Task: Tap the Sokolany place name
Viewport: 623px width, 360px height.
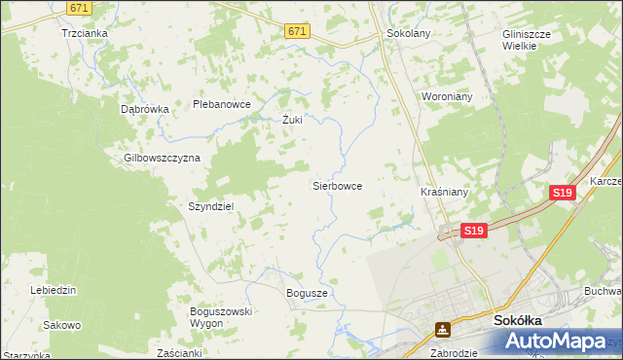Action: pos(409,32)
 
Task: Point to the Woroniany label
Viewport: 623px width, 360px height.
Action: pos(446,97)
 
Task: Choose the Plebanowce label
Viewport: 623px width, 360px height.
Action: pos(222,104)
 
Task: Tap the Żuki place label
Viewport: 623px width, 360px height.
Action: pos(292,121)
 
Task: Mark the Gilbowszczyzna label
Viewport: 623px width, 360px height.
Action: pos(162,157)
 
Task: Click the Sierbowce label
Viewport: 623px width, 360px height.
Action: pos(337,184)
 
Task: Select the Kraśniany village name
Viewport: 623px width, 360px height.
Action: pos(445,192)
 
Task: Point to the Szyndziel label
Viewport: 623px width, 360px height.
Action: pos(210,206)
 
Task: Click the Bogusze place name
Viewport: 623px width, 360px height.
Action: pos(307,292)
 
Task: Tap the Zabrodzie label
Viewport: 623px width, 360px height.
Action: pos(454,353)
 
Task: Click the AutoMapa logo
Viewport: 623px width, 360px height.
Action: pos(559,341)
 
